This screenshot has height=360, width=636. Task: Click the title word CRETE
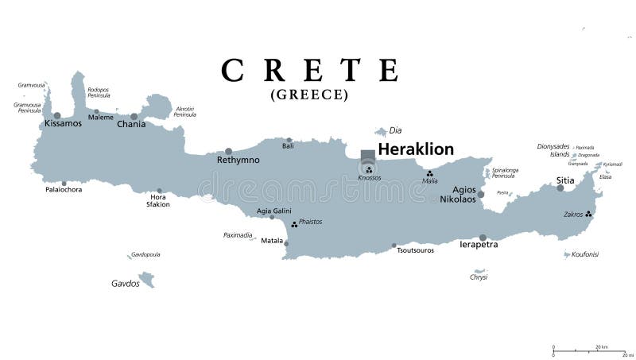tap(310, 70)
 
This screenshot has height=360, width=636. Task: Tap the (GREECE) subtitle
tap(310, 95)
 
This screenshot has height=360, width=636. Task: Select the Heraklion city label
tap(416, 149)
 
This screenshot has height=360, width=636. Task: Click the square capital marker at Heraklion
tap(367, 156)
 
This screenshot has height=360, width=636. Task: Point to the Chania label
tap(131, 125)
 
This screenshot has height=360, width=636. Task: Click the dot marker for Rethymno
tap(228, 151)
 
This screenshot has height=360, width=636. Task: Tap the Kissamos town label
tap(63, 124)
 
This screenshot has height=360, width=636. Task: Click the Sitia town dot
tap(560, 188)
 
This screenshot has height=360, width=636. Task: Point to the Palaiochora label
tap(63, 190)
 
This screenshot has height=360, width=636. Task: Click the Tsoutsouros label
tap(416, 250)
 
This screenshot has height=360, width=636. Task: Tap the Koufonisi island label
tap(585, 254)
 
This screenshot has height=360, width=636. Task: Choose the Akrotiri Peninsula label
tap(184, 112)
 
